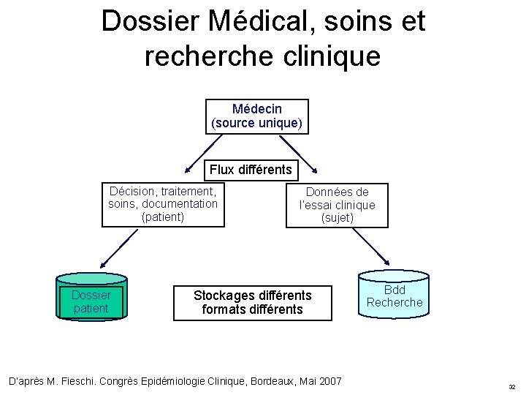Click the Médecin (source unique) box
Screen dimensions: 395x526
[256, 116]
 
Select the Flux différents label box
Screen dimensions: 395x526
[250, 170]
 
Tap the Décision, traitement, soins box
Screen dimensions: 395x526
[163, 204]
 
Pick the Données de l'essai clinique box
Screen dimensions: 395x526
[337, 205]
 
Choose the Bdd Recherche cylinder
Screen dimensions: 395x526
[394, 296]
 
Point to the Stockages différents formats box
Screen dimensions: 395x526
[252, 302]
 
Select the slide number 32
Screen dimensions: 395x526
[512, 387]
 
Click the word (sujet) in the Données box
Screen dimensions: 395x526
[337, 218]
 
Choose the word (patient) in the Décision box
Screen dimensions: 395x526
[163, 217]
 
